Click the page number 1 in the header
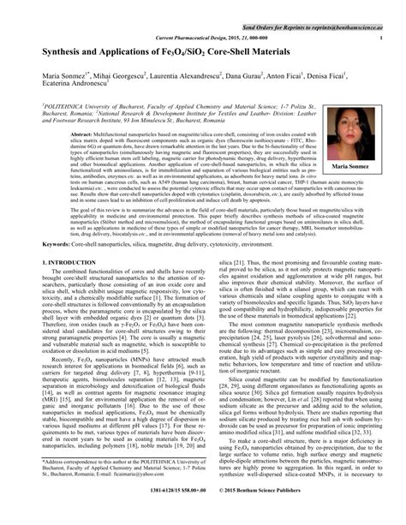pos(380,39)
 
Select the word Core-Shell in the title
pos(263,53)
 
